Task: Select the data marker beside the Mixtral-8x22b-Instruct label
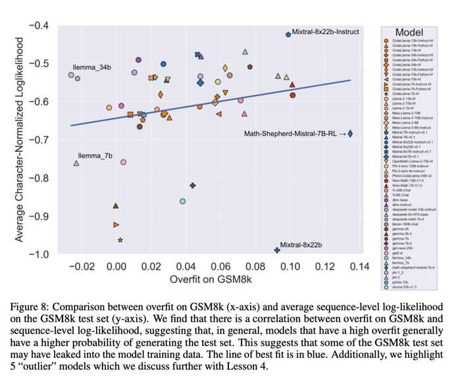click(x=288, y=34)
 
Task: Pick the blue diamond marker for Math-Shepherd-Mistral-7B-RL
click(x=351, y=134)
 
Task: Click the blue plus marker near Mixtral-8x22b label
click(x=277, y=250)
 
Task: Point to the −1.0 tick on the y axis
click(x=41, y=254)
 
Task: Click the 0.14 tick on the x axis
click(x=359, y=267)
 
